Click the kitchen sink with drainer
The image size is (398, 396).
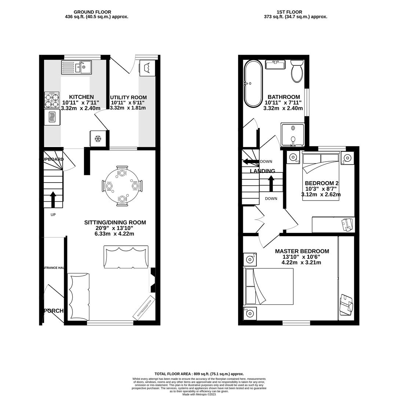(76, 67)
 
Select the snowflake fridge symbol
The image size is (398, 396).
(98, 139)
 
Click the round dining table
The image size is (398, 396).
(122, 186)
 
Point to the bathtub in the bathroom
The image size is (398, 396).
(253, 84)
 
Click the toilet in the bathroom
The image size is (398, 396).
(297, 71)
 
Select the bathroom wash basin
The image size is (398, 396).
(275, 65)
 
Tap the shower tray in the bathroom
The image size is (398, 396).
(293, 134)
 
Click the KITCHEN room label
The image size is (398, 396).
(81, 97)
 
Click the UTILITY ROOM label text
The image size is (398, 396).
(128, 98)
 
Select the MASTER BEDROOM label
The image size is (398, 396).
(302, 251)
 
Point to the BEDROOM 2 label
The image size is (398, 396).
(321, 183)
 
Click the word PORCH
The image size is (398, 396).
(54, 311)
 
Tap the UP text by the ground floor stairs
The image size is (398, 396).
(53, 214)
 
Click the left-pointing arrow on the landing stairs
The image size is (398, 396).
(251, 162)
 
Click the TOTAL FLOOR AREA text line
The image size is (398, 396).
(199, 374)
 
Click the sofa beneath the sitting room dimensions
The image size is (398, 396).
(126, 257)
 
